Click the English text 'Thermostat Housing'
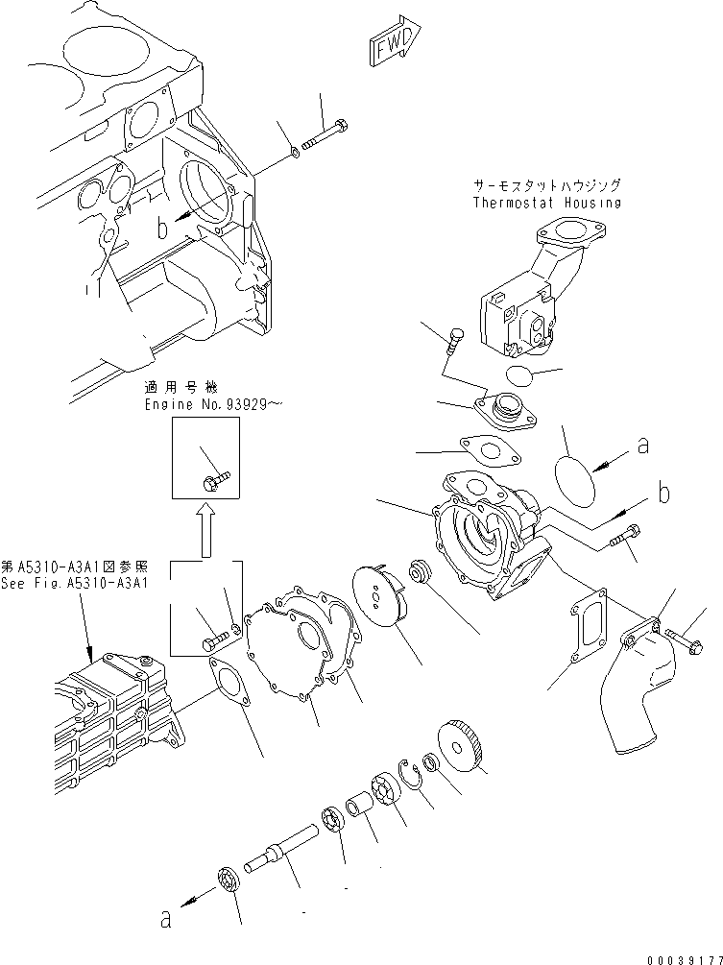546,203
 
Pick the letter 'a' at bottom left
165,919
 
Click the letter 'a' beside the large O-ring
641,446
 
